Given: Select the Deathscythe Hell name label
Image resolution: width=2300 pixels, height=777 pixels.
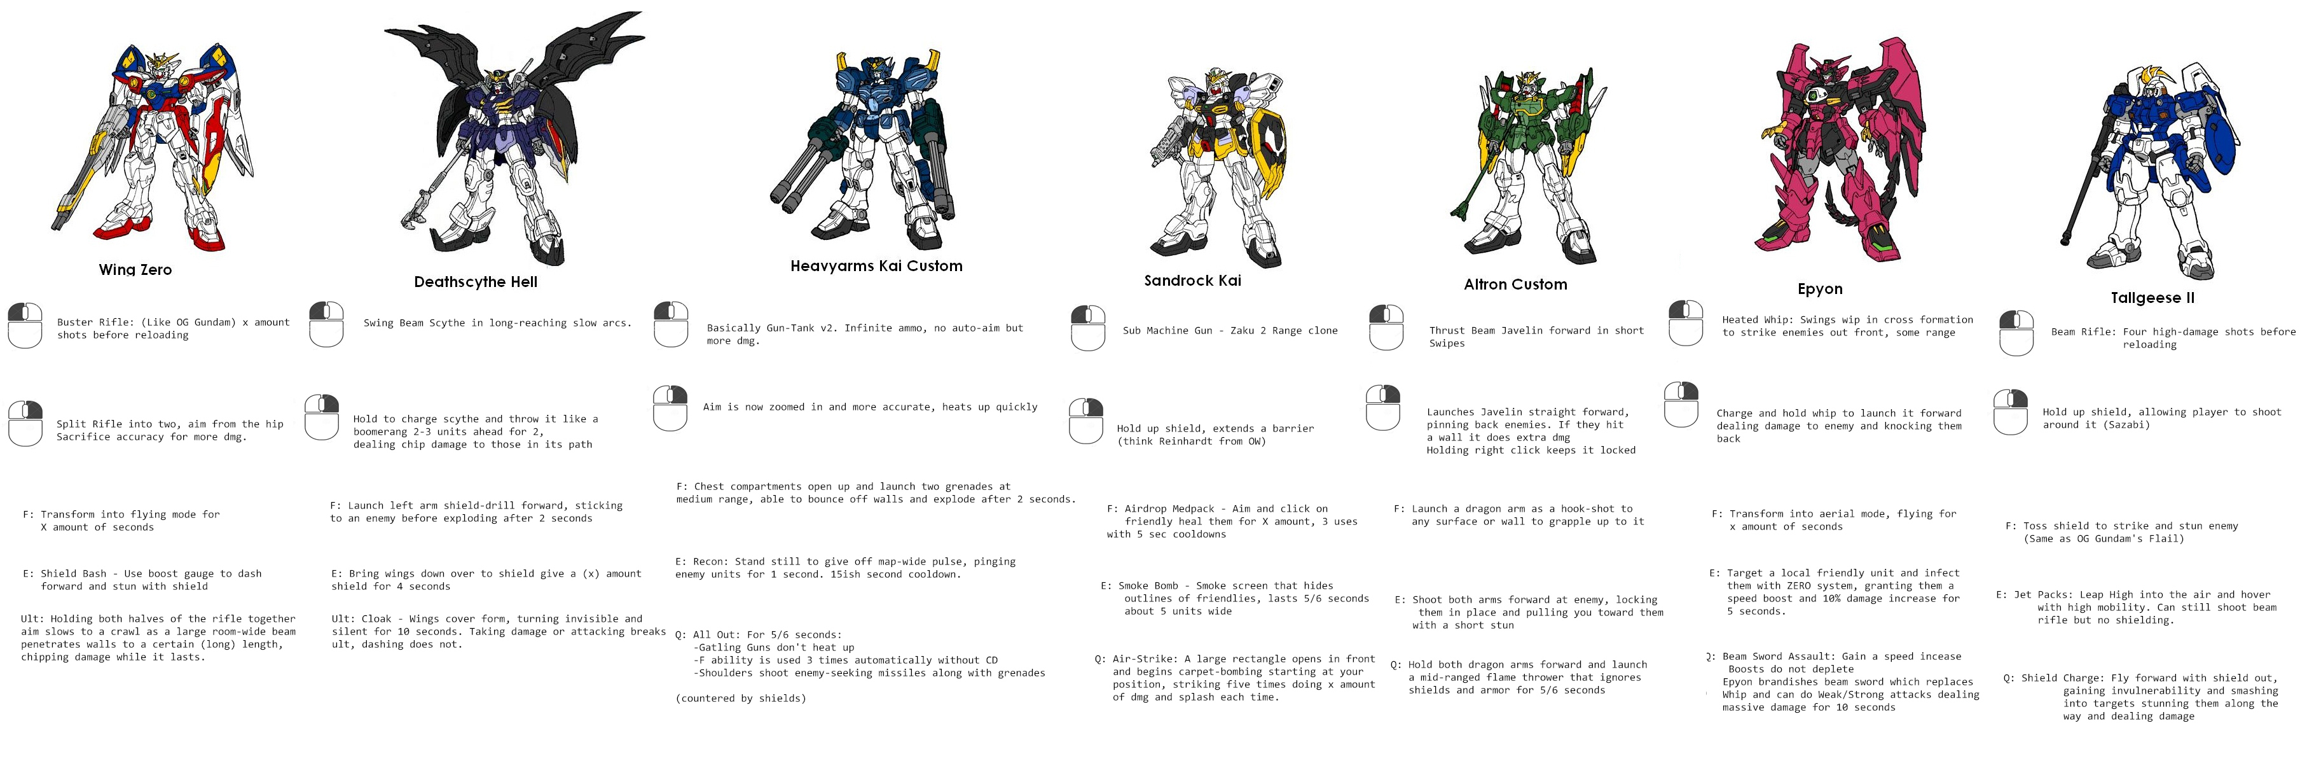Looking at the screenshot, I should click(475, 282).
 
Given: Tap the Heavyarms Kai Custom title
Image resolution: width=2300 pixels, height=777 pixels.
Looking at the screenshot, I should click(876, 266).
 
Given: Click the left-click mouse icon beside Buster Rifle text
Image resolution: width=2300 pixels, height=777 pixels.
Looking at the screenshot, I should click(25, 326).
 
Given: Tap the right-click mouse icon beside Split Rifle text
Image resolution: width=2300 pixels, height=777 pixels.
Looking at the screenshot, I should click(25, 423).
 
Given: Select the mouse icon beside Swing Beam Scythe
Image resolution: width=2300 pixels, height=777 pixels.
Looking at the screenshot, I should click(326, 324).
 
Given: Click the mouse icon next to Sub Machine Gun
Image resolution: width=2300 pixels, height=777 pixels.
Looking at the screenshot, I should click(1087, 328).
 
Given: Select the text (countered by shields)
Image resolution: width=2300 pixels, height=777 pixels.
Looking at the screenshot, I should click(740, 698).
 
